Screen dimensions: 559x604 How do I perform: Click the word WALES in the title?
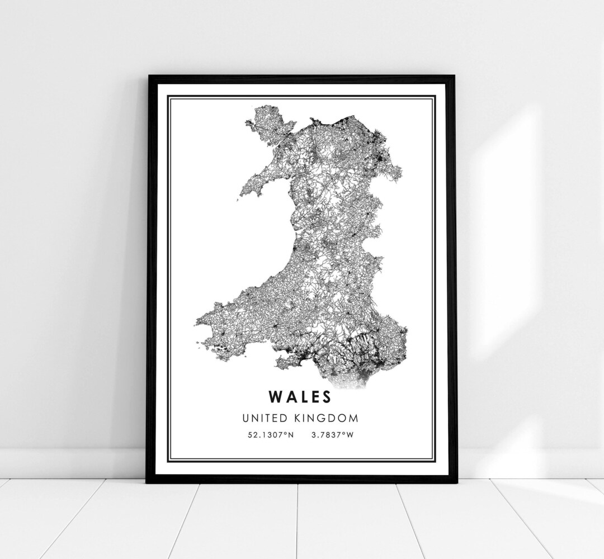300,396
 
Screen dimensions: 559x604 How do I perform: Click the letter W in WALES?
276,396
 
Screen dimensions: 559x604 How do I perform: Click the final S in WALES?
325,396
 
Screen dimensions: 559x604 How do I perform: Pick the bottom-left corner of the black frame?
148,481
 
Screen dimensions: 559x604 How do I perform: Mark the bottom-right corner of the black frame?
456,481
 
